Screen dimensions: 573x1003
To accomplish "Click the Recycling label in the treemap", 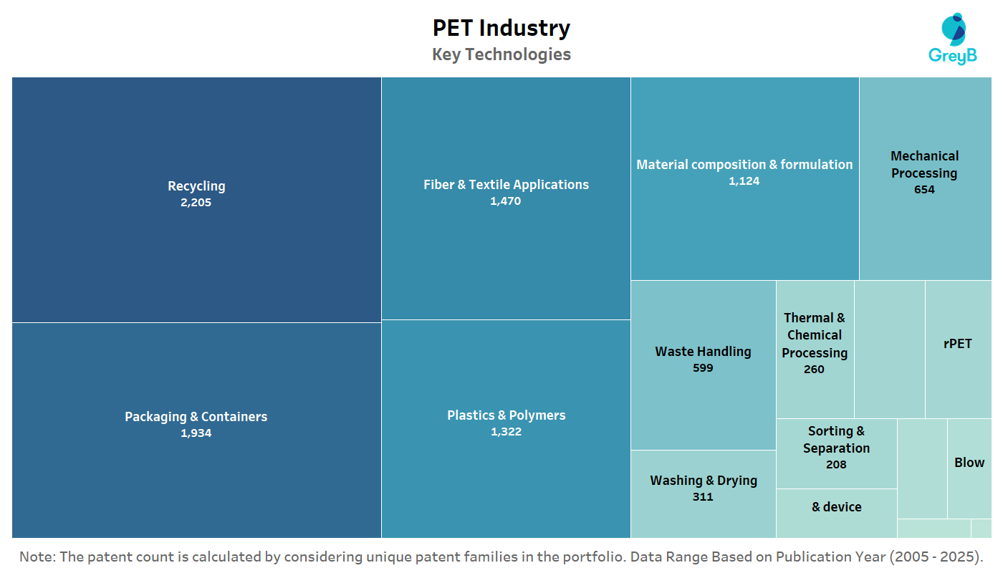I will point(196,186).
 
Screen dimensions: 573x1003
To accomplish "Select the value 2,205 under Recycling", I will point(196,203).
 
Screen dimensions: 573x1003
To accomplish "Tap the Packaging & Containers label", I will point(196,417).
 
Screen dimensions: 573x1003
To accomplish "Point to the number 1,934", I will point(196,433).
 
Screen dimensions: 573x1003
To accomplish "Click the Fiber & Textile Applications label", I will point(506,185).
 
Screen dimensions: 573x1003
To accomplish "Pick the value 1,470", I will point(506,201).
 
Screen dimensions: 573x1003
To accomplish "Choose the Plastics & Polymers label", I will point(506,415).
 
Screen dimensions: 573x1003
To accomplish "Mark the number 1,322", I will point(506,432).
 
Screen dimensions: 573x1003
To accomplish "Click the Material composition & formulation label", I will point(744,165).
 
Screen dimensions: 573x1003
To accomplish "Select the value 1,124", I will point(744,181).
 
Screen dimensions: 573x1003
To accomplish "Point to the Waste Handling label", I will point(703,352).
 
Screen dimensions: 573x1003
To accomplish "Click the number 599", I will point(703,368).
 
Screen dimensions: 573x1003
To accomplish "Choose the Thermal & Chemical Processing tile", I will point(815,343).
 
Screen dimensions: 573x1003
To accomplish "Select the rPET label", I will point(958,344).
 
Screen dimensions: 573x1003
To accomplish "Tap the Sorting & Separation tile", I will point(836,448).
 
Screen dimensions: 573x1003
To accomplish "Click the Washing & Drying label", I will point(703,481).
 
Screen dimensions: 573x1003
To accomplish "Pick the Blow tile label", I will point(969,463).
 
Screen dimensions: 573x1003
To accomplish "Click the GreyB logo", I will point(953,39).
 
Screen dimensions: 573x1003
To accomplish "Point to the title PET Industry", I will point(501,28).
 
